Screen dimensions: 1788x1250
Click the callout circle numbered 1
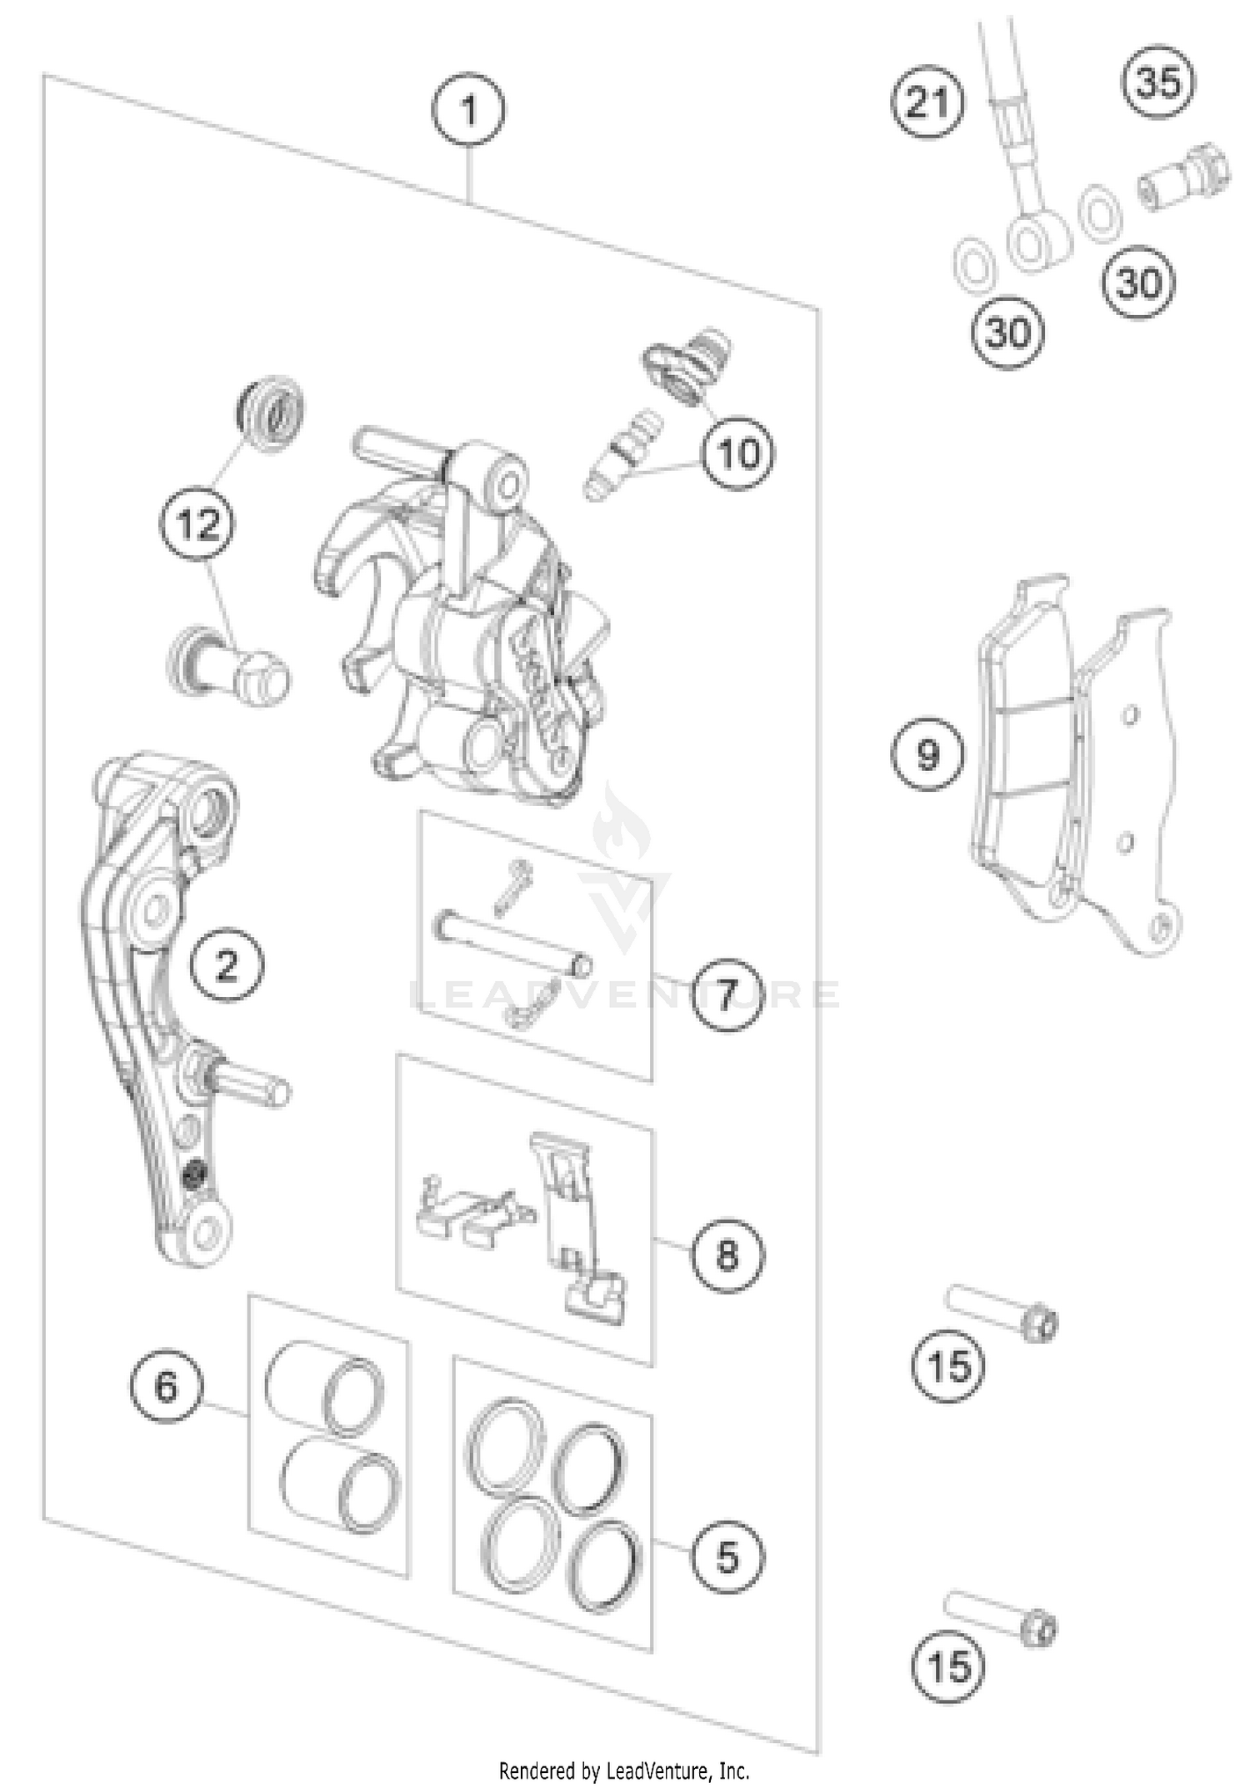(x=468, y=110)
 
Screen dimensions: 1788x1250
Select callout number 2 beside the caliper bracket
(x=227, y=965)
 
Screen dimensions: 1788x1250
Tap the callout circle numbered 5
(x=727, y=1556)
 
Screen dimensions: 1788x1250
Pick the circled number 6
(x=166, y=1385)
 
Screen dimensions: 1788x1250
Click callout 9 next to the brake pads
(x=927, y=754)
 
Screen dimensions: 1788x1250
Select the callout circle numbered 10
(x=737, y=454)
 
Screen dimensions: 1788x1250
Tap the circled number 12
(x=197, y=524)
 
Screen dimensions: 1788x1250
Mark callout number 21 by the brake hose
(x=927, y=104)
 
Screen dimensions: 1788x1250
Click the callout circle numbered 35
(x=1159, y=83)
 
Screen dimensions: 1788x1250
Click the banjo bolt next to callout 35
(x=1185, y=177)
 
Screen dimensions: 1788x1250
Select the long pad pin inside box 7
(x=513, y=941)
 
